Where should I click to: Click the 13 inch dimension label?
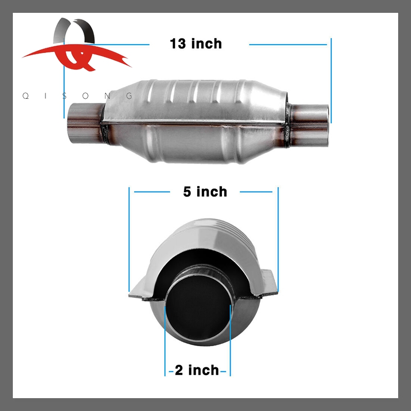pyautogui.click(x=196, y=44)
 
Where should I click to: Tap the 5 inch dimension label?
pyautogui.click(x=205, y=192)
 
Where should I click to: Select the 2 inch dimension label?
pyautogui.click(x=197, y=369)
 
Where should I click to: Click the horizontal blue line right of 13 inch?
pyautogui.click(x=288, y=44)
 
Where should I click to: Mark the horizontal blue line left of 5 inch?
pyautogui.click(x=152, y=192)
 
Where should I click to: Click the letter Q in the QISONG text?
pyautogui.click(x=25, y=96)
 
